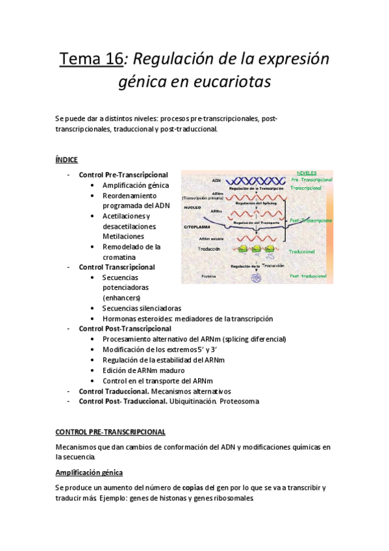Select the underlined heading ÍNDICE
pyautogui.click(x=67, y=159)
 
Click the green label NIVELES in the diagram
pyautogui.click(x=306, y=173)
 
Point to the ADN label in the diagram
pyautogui.click(x=216, y=180)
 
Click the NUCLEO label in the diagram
pyautogui.click(x=194, y=207)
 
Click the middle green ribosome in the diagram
pyautogui.click(x=255, y=248)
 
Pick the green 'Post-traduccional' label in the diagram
pyautogui.click(x=312, y=275)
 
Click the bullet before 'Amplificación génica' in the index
pyautogui.click(x=95, y=185)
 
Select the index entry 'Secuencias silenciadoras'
pyautogui.click(x=142, y=308)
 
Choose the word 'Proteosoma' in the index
pyautogui.click(x=239, y=402)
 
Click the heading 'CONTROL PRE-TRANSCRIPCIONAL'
pyautogui.click(x=110, y=431)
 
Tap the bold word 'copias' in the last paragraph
pyautogui.click(x=192, y=488)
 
